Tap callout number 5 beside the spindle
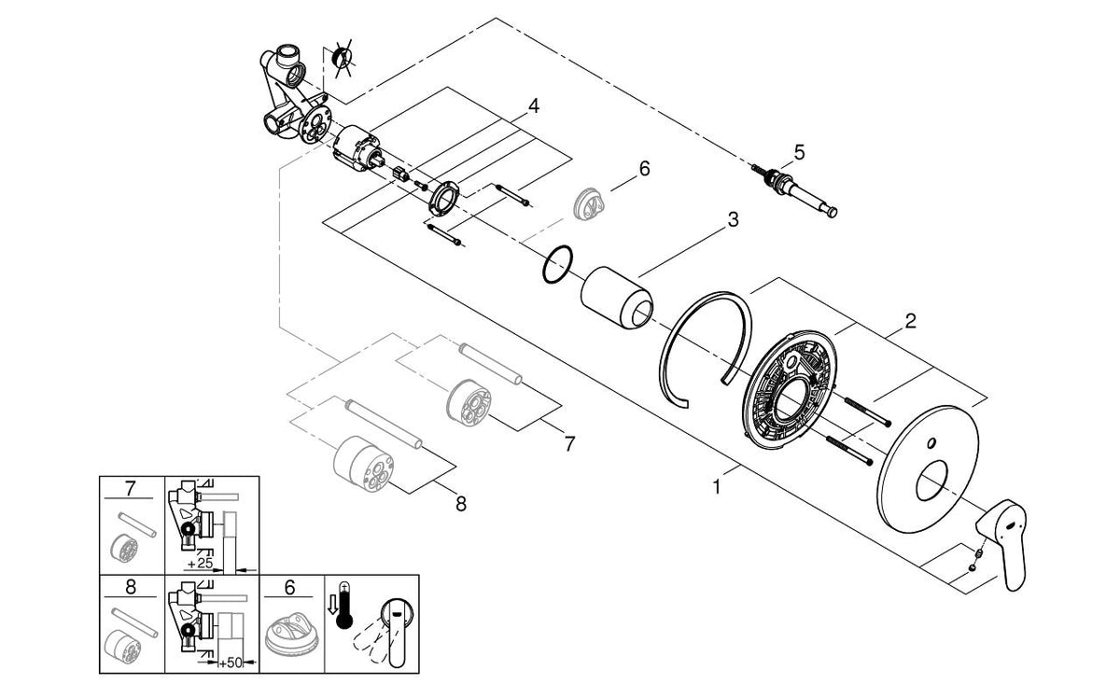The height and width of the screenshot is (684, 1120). pyautogui.click(x=798, y=151)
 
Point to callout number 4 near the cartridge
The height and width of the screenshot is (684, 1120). pyautogui.click(x=533, y=106)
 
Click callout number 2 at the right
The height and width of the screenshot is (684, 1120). pyautogui.click(x=910, y=322)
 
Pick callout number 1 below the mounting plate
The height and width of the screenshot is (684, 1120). pyautogui.click(x=717, y=486)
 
